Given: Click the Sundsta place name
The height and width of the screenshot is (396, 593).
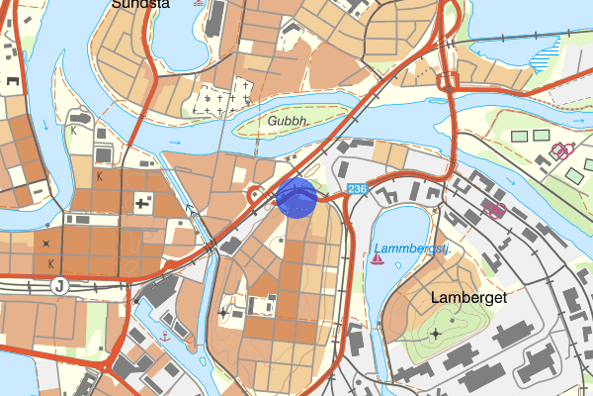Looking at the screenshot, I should [141, 4].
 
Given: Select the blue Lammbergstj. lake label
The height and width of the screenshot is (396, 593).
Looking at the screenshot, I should [412, 248].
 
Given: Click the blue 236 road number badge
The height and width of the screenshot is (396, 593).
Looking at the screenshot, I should [357, 188].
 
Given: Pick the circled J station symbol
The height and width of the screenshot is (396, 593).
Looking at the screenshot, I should [59, 286].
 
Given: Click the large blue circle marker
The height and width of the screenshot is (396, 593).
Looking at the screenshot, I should [296, 197].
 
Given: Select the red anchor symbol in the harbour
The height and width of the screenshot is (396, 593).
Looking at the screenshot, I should [166, 337].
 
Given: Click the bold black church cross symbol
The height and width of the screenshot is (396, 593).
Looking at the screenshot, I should [143, 204].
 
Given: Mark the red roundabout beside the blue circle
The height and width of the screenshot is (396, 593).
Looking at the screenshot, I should [257, 194].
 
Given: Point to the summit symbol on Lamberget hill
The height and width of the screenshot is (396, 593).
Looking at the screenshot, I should [436, 333].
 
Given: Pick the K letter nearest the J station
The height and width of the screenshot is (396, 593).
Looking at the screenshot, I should [50, 264].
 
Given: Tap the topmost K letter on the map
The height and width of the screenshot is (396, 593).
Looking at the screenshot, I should [73, 130].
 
